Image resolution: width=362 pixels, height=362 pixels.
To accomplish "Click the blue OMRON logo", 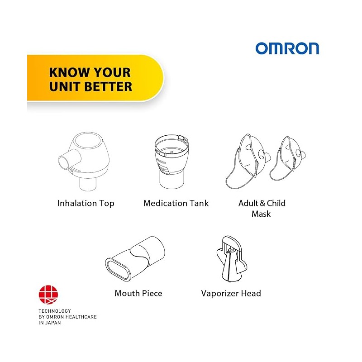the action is click(x=287, y=48).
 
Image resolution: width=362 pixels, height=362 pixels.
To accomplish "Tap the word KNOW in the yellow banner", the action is click(x=69, y=72).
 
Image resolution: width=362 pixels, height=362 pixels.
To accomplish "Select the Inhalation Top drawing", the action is click(x=84, y=162).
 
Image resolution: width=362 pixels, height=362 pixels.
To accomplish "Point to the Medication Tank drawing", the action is click(x=172, y=162).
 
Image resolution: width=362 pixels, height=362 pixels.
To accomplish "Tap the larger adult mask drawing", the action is click(x=248, y=162).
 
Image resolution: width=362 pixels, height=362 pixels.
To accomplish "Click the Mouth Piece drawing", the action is click(x=135, y=258).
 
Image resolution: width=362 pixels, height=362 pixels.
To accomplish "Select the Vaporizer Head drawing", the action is click(x=232, y=259).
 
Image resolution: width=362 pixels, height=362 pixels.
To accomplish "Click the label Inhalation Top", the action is click(x=86, y=203).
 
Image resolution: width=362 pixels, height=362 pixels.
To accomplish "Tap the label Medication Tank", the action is click(x=176, y=203).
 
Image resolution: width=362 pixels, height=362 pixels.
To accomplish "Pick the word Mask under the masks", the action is click(x=261, y=214).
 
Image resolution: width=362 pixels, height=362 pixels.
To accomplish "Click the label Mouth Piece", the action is click(x=138, y=293).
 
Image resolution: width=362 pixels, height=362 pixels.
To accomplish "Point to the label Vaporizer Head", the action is click(x=231, y=293).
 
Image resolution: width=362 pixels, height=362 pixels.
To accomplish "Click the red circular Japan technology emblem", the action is click(x=48, y=295).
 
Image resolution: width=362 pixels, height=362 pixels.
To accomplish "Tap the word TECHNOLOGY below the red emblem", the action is click(x=55, y=311).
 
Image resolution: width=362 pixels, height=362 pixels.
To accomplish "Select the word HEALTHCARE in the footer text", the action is click(x=81, y=317).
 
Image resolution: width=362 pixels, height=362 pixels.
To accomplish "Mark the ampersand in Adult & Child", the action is click(x=262, y=203).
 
